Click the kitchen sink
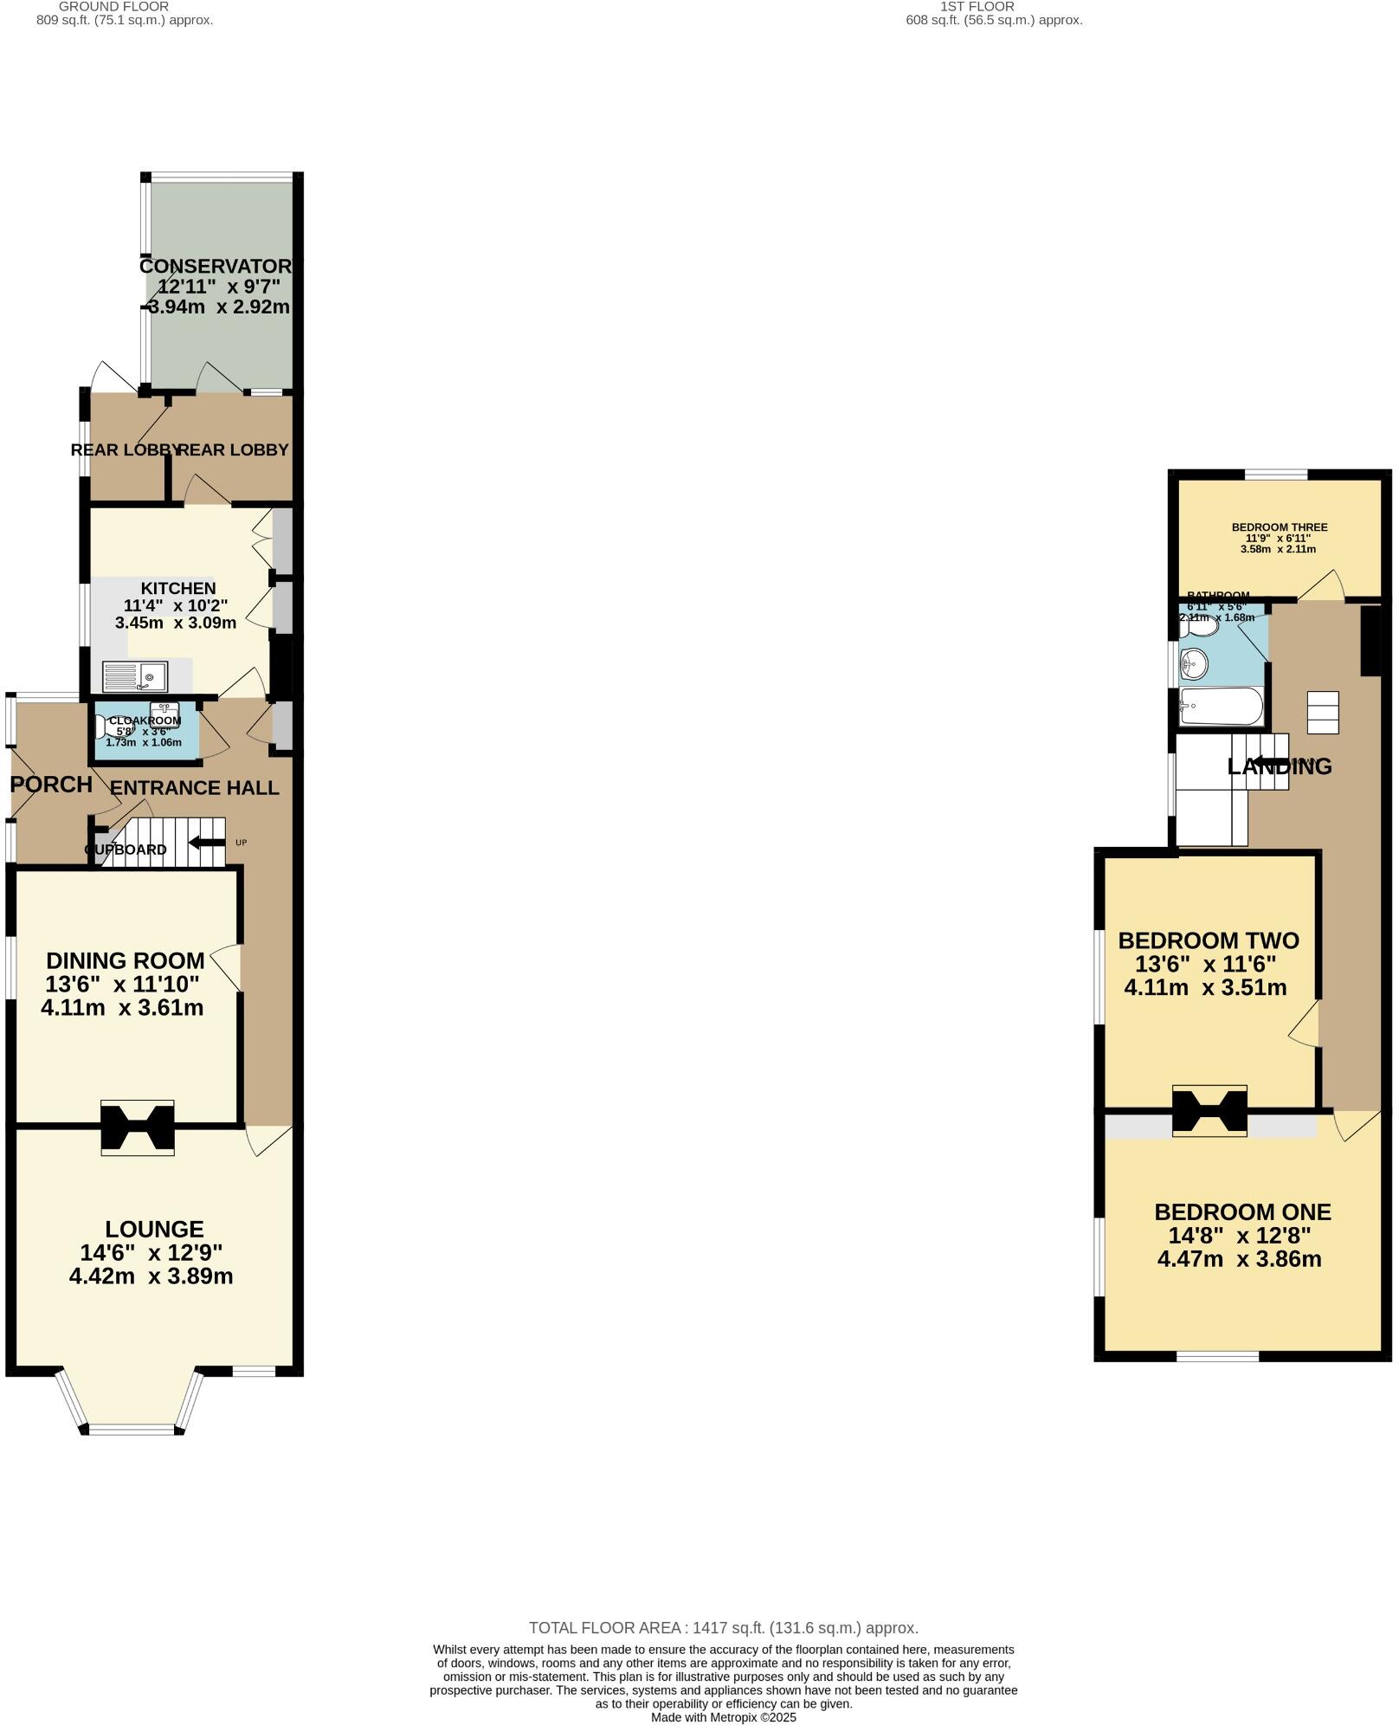(134, 676)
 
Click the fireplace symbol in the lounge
(138, 1127)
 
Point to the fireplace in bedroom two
(1209, 1110)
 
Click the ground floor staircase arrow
(205, 842)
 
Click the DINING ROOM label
(126, 960)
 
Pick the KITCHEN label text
(178, 588)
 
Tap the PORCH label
(51, 785)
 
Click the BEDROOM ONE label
(1242, 1211)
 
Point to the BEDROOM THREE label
(1279, 527)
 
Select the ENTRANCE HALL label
(195, 788)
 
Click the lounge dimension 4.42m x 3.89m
(151, 1276)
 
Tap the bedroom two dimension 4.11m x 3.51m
(1205, 987)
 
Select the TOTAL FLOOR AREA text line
(723, 1627)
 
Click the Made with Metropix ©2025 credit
(723, 1717)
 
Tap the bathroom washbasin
(1194, 664)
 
